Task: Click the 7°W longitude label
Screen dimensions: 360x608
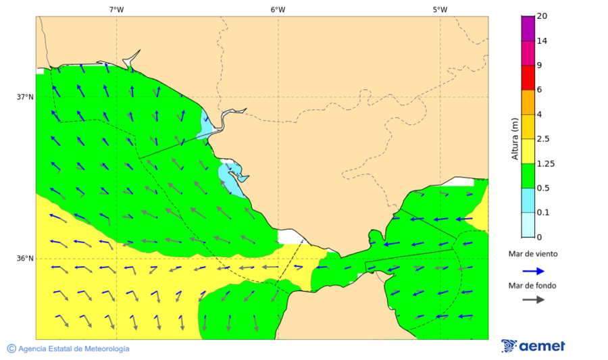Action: pos(116,9)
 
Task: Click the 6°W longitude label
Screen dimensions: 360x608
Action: pos(278,9)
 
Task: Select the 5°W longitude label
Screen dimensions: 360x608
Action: pos(440,9)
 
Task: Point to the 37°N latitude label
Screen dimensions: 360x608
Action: pos(25,97)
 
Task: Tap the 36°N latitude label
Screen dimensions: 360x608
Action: pos(25,258)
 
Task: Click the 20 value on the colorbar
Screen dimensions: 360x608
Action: pos(541,16)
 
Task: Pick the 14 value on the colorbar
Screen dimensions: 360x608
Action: pos(541,41)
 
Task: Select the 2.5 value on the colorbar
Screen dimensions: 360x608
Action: pos(543,139)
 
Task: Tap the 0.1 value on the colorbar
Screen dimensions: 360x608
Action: pos(542,213)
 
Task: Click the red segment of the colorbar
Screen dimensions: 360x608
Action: pos(528,78)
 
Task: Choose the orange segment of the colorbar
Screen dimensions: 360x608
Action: pos(528,102)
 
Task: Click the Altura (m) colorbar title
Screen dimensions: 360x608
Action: pos(515,139)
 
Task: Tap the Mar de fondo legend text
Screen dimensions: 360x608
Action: pos(533,285)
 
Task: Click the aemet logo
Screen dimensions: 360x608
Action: pos(533,346)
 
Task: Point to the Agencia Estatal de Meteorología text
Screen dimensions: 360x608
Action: pos(74,349)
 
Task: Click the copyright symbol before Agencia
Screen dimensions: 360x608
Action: pos(11,349)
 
